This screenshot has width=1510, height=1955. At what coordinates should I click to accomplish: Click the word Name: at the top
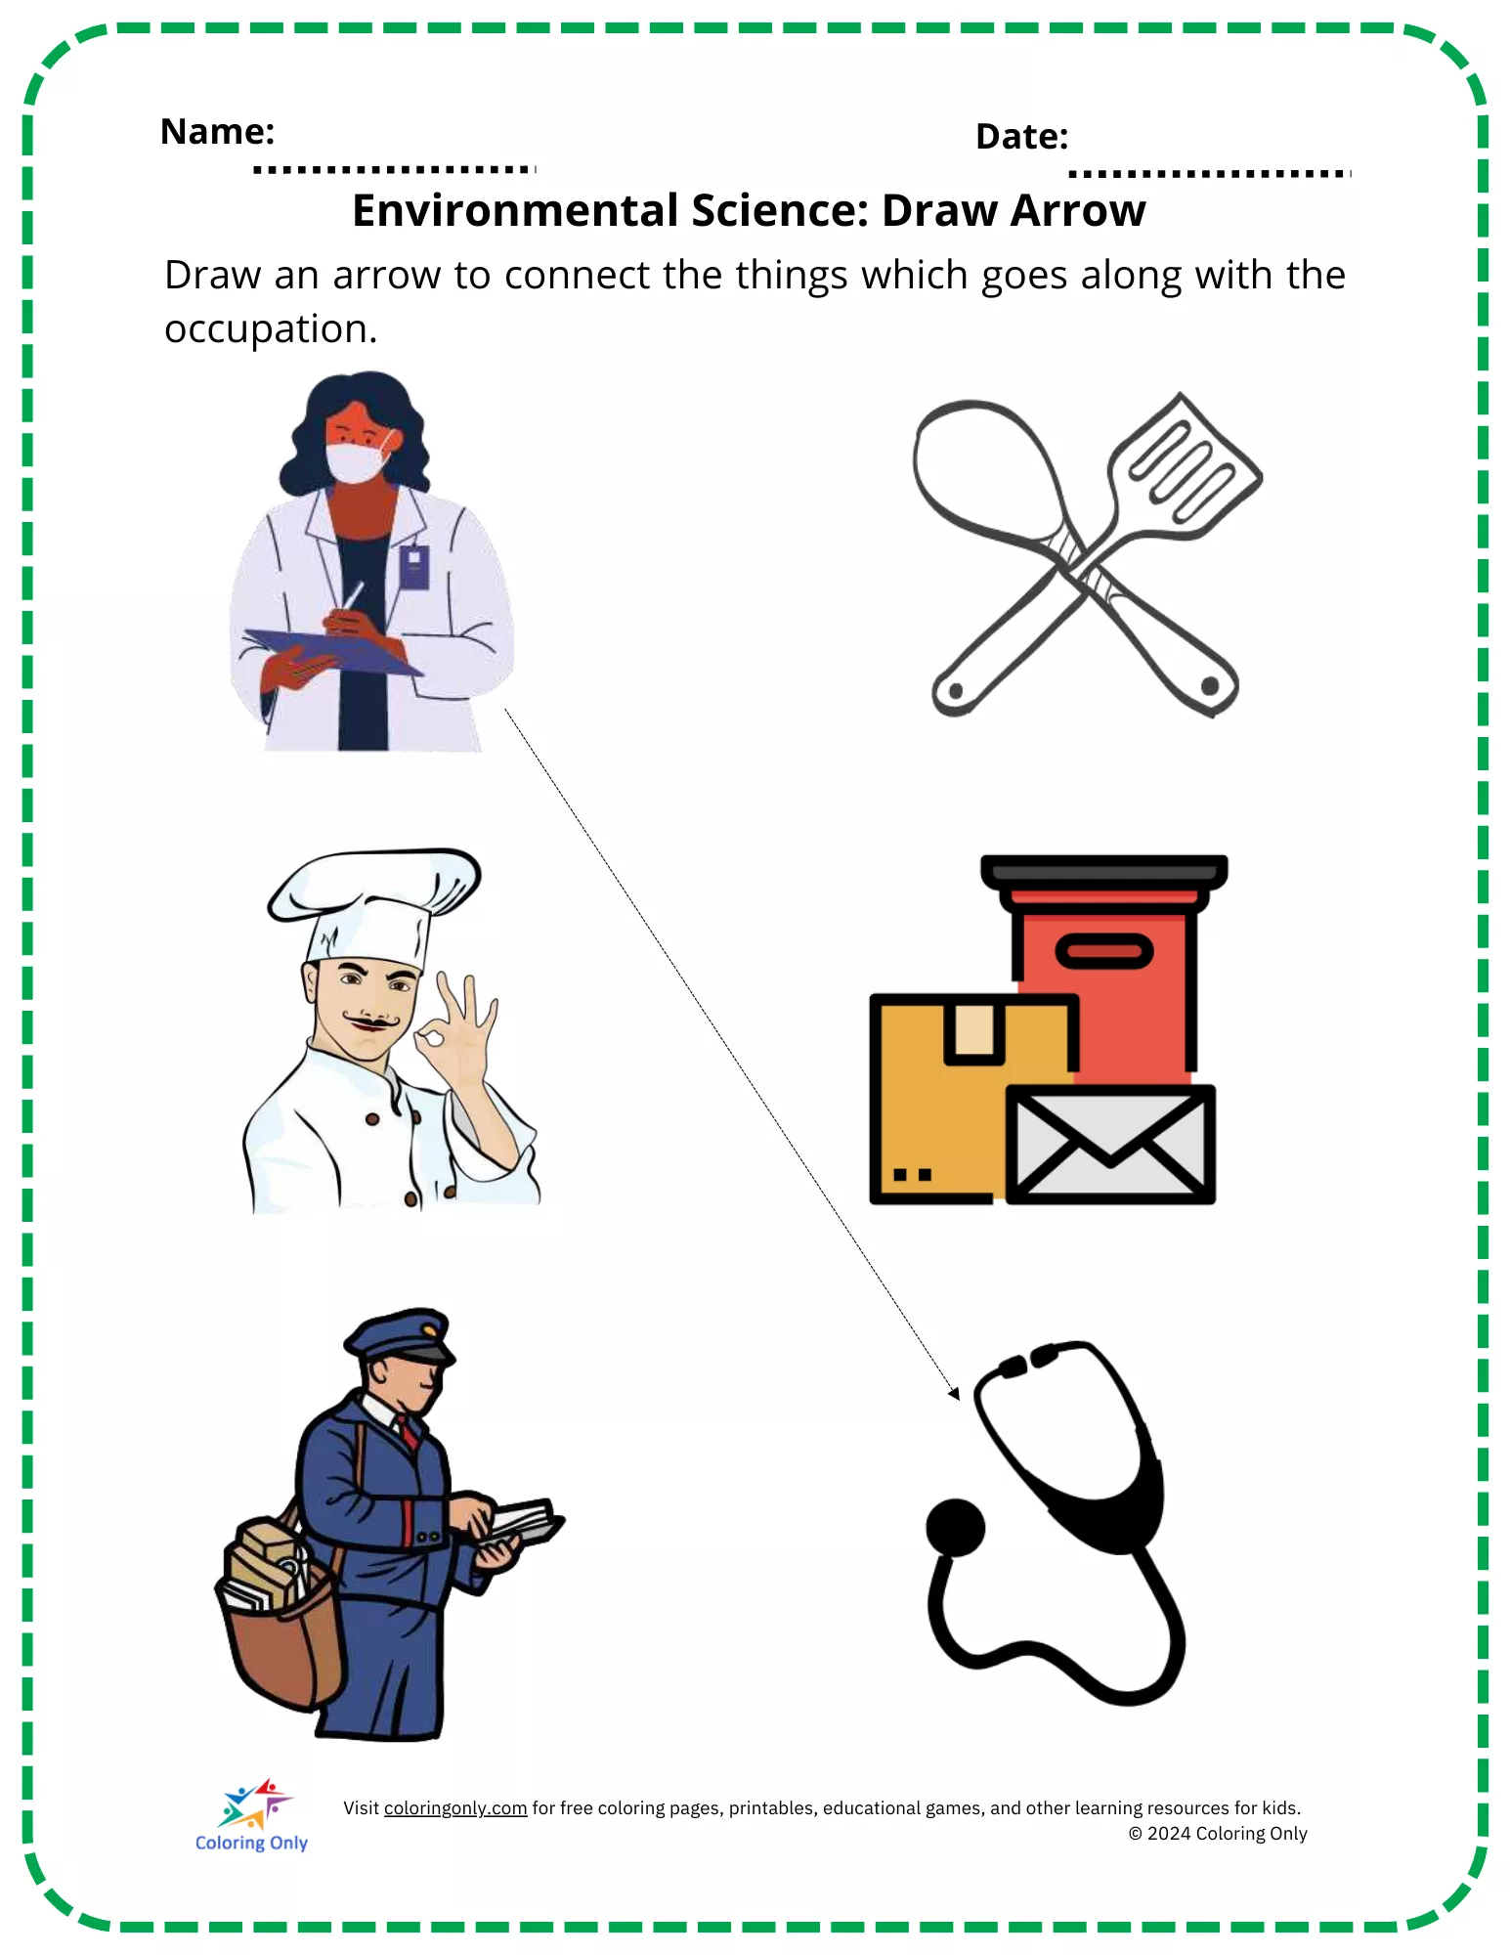click(217, 131)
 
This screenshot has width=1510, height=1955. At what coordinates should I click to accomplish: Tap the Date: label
click(1021, 136)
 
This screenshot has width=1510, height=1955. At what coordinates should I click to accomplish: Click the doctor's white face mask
click(357, 459)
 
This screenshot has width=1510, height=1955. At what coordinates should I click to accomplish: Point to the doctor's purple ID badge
click(414, 566)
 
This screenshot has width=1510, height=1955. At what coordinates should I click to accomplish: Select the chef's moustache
click(370, 1022)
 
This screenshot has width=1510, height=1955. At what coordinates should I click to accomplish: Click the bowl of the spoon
click(986, 470)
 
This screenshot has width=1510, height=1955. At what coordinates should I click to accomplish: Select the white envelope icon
click(1110, 1145)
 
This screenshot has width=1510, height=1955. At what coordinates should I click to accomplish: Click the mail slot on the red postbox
click(1104, 951)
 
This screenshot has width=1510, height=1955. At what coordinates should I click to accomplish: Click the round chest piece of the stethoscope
click(955, 1528)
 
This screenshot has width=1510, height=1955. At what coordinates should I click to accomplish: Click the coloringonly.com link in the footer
click(455, 1808)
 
